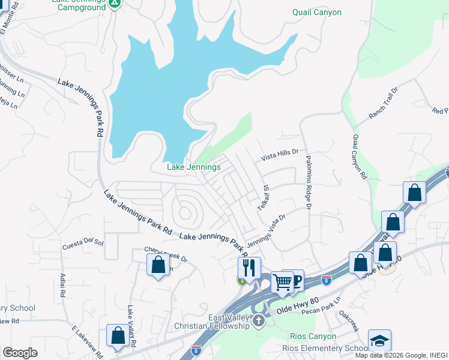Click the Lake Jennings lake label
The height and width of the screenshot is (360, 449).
[x=194, y=167]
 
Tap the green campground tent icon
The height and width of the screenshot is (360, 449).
[x=116, y=4]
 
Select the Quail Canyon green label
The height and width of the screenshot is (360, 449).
[x=316, y=12]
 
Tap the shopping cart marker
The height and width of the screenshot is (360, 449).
[x=282, y=281]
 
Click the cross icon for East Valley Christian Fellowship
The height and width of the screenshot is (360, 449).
[x=259, y=320]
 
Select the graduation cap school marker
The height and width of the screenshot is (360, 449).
[x=379, y=340]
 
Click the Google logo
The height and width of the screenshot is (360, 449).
[x=20, y=353]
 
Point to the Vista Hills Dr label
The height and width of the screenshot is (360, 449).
[x=279, y=156]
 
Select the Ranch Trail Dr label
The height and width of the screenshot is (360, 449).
[x=384, y=102]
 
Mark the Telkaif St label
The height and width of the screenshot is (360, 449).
[x=263, y=196]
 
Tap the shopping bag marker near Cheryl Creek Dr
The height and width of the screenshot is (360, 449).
[x=158, y=265]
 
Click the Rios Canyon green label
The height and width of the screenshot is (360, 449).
[x=312, y=336]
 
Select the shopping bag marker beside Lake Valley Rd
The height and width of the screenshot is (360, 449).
[x=118, y=336]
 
